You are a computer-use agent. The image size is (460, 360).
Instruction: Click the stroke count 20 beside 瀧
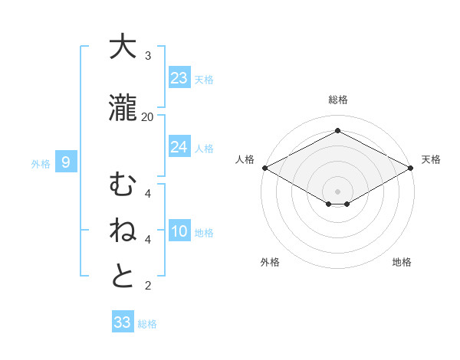[148, 116]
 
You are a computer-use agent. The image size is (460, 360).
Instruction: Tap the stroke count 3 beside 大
[148, 56]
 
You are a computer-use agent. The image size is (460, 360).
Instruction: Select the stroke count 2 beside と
[148, 286]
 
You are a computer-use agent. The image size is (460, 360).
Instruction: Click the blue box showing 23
[179, 78]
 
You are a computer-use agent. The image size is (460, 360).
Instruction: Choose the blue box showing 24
[179, 147]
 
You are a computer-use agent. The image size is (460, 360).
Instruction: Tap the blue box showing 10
[179, 231]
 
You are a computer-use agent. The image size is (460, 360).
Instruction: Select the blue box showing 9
[66, 162]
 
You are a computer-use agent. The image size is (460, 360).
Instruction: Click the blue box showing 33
[123, 322]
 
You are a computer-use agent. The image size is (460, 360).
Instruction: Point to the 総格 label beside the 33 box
[147, 324]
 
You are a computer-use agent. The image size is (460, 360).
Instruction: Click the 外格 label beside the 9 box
[40, 163]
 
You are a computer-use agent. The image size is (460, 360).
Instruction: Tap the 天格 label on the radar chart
[431, 159]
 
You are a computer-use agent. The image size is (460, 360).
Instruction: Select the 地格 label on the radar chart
[402, 262]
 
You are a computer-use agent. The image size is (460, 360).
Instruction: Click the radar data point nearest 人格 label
[264, 167]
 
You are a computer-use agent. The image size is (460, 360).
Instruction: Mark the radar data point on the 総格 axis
[337, 131]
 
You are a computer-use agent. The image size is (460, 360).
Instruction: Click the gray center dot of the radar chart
[337, 191]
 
